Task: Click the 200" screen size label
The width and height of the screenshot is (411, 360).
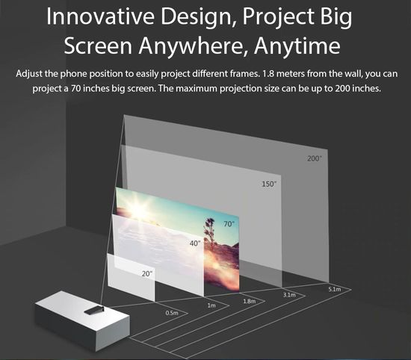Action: [315, 158]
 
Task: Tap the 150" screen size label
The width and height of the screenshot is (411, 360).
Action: [269, 184]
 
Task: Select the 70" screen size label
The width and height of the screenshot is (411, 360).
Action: [229, 224]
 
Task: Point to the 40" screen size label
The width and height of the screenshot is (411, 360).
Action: [195, 243]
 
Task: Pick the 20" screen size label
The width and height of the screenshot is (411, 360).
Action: [147, 274]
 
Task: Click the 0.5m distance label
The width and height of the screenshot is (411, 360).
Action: [172, 313]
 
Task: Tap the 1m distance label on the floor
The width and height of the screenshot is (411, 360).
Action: [211, 305]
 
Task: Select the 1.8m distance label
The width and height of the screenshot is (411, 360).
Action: [250, 301]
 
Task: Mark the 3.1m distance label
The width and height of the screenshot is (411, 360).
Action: [289, 295]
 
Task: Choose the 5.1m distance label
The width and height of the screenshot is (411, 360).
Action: [335, 289]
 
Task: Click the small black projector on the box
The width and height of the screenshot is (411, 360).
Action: [94, 310]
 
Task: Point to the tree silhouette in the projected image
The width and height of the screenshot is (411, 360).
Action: [210, 233]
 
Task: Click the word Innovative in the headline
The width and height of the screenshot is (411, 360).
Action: [100, 16]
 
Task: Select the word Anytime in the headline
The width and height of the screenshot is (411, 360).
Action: [297, 46]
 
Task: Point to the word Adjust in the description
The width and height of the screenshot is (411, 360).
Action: [29, 74]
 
